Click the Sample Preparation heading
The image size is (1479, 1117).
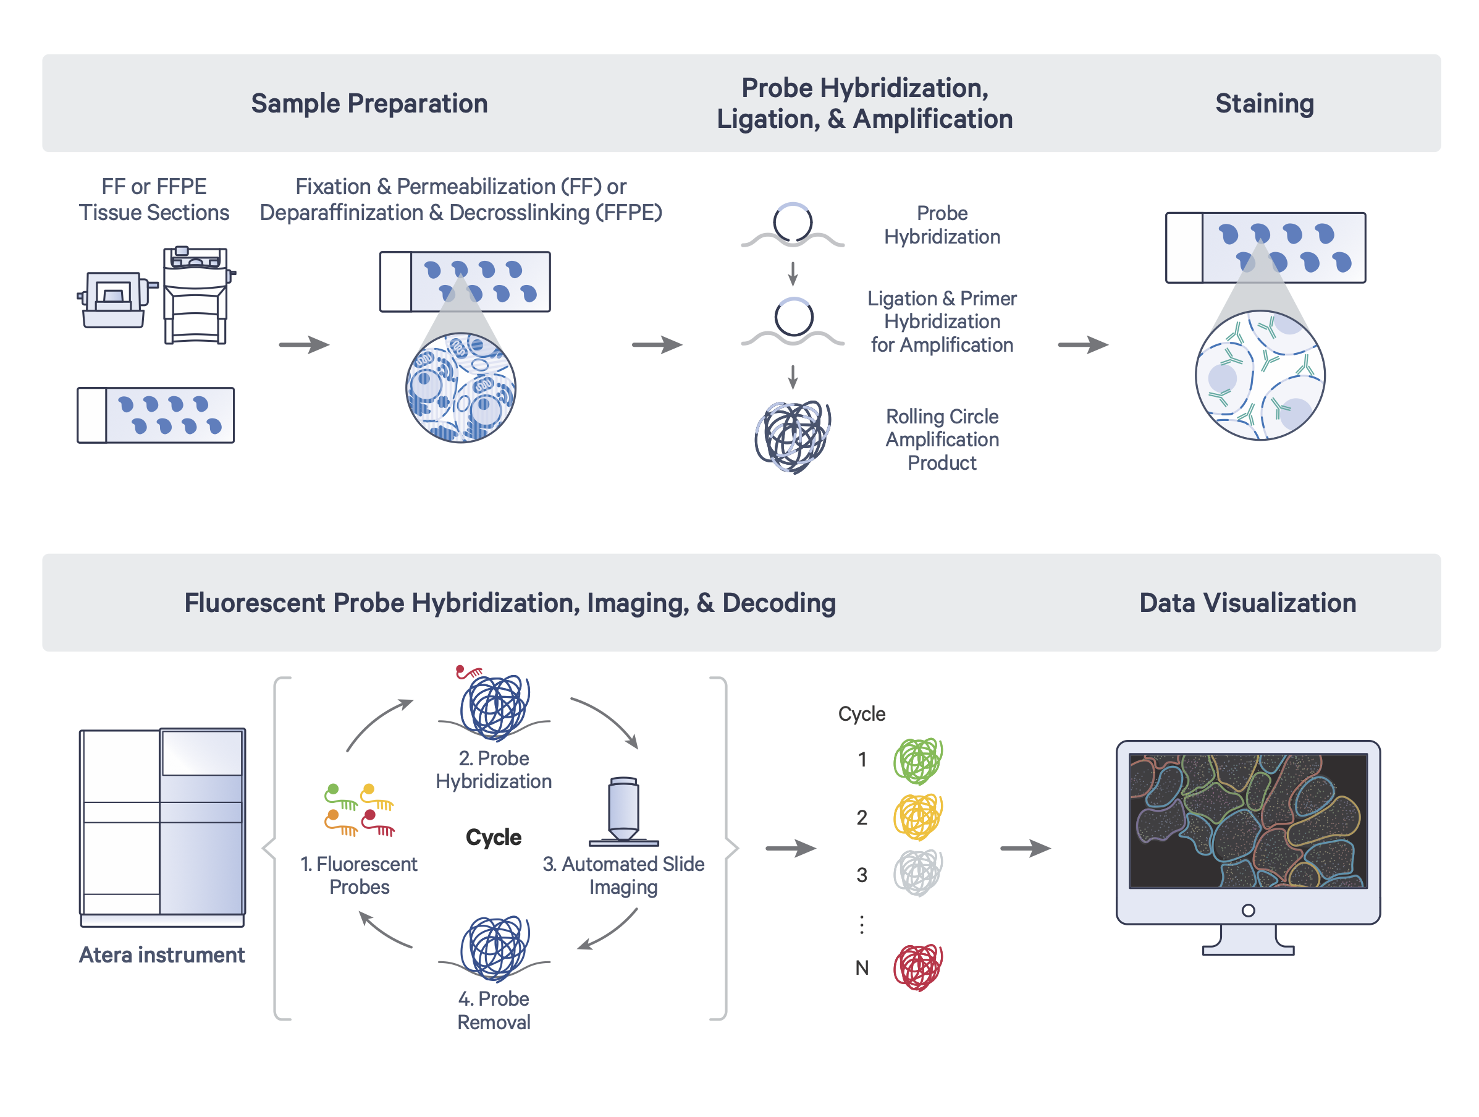click(369, 104)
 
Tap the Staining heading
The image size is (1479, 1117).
click(1264, 104)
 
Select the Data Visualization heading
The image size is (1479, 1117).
click(1247, 603)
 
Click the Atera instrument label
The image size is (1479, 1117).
click(162, 954)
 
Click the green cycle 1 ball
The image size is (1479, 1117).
click(918, 760)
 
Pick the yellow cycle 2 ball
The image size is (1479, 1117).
click(918, 817)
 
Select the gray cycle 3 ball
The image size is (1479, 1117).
click(918, 873)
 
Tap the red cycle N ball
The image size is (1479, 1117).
click(918, 967)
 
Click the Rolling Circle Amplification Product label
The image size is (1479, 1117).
click(942, 440)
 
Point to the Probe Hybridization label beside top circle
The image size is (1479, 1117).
click(942, 225)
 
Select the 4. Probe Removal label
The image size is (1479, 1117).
click(494, 1010)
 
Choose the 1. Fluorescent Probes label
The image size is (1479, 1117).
click(359, 875)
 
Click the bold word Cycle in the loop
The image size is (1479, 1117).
click(494, 838)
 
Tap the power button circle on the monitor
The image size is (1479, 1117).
click(1248, 911)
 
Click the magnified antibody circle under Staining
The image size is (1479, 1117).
click(1260, 375)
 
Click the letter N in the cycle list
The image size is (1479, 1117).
click(862, 968)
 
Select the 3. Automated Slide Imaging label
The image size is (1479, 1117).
click(623, 875)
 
